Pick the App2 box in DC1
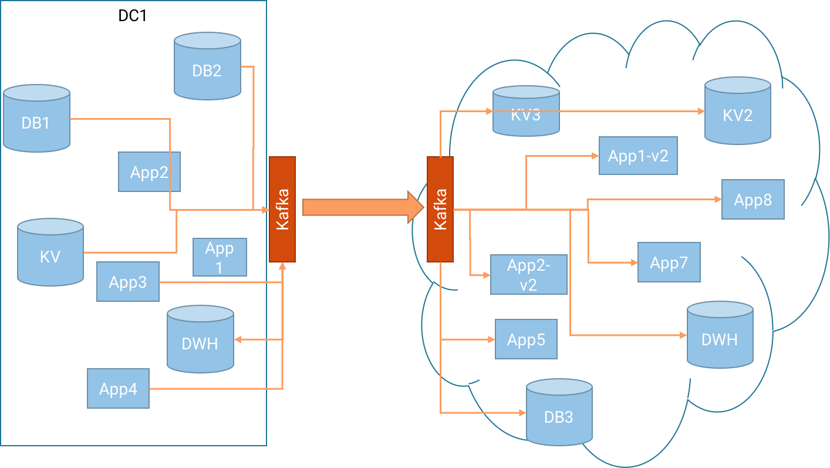click(x=149, y=172)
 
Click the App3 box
click(x=127, y=282)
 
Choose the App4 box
click(x=118, y=389)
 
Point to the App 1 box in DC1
click(x=220, y=257)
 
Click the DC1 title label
click(x=133, y=15)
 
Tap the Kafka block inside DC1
click(x=282, y=209)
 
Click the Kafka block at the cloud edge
click(x=440, y=209)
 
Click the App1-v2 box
click(x=638, y=156)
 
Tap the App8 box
click(x=753, y=200)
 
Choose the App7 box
click(x=669, y=262)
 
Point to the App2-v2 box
click(x=529, y=274)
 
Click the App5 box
click(x=526, y=339)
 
